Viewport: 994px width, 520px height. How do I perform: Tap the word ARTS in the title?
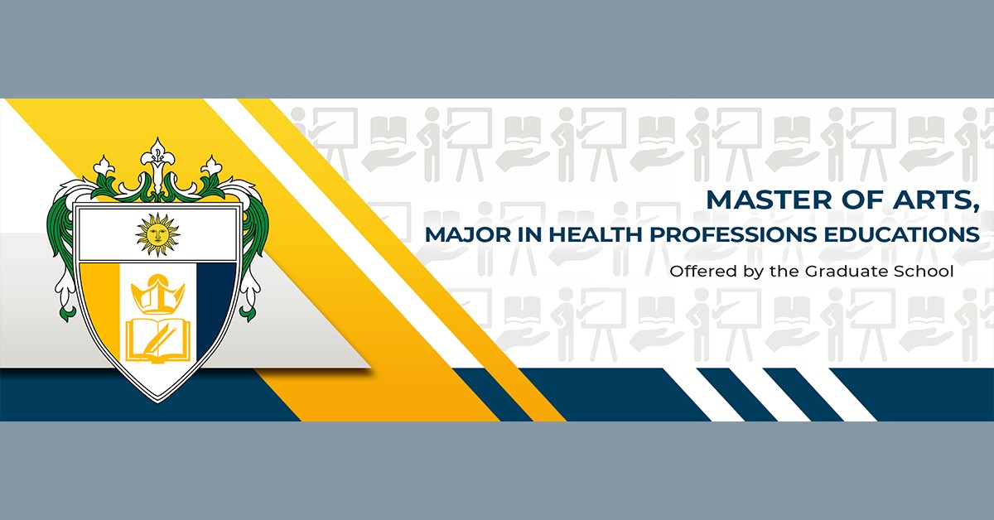point(930,200)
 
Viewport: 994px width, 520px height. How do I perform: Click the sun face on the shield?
point(157,234)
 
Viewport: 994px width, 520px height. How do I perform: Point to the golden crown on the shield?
point(157,294)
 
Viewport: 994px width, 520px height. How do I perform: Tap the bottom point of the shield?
point(158,402)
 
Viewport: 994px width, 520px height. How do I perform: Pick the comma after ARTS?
point(974,209)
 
